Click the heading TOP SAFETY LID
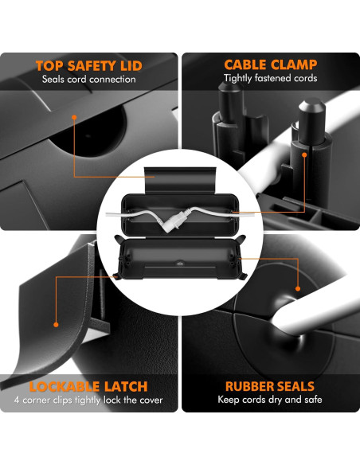89,66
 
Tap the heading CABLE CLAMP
271,64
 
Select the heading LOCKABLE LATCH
88,386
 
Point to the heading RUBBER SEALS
270,386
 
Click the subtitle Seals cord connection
89,79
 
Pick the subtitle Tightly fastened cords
271,78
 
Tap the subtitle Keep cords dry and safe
270,400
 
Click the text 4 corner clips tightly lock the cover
88,400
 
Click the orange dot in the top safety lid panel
74,117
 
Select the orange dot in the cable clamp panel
304,154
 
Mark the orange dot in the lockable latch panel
56,325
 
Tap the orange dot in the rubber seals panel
298,288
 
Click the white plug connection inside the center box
175,221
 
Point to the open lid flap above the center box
180,180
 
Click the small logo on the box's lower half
180,263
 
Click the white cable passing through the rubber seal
315,315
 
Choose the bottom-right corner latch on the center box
243,275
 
